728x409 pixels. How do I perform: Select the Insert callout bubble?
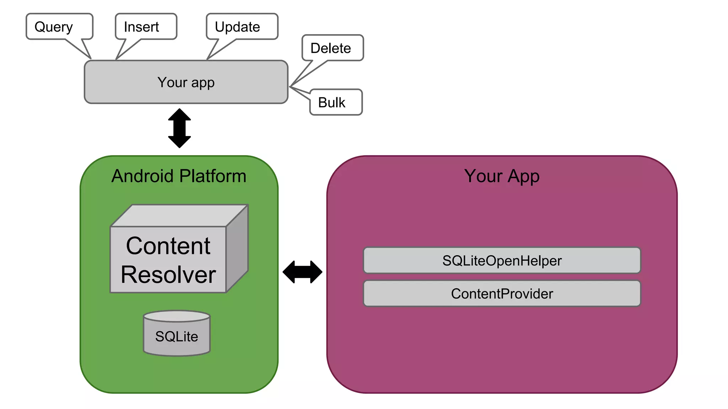[x=146, y=27]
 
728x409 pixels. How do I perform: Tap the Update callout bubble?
[x=242, y=27]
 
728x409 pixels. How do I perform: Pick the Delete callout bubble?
[x=332, y=48]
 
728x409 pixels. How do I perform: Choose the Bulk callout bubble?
[x=336, y=102]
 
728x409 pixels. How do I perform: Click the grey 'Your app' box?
[x=186, y=82]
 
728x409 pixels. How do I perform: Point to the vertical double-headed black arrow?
[x=180, y=128]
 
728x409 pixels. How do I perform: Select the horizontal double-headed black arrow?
[x=303, y=272]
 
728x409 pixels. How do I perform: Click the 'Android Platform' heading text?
[x=179, y=176]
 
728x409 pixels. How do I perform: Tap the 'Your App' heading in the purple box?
[x=502, y=176]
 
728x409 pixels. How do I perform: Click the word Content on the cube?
[x=168, y=246]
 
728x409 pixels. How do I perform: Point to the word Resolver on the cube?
[x=168, y=275]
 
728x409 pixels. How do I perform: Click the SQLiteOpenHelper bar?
[x=502, y=261]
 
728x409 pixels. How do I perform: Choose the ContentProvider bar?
[x=502, y=294]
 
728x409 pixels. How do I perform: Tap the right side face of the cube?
[x=237, y=249]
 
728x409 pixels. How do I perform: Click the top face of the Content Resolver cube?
[x=180, y=216]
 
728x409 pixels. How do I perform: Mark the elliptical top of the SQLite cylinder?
[x=177, y=316]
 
